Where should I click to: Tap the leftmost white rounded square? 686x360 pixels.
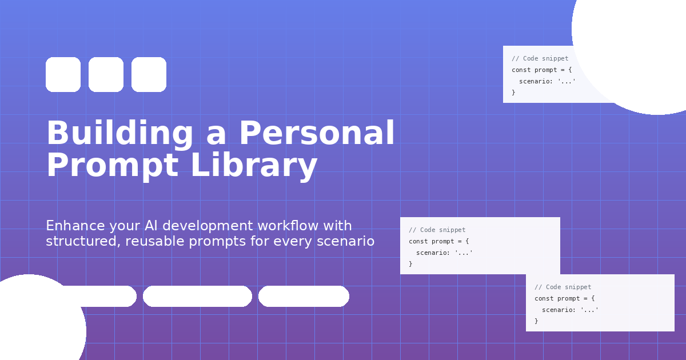[x=63, y=74]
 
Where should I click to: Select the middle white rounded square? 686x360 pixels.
[x=106, y=74]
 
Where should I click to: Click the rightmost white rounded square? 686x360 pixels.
[x=149, y=74]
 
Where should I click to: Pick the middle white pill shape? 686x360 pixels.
[x=197, y=296]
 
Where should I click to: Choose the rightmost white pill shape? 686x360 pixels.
[x=304, y=296]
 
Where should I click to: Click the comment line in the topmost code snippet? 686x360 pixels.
[x=540, y=58]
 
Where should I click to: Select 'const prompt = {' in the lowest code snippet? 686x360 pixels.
[x=564, y=298]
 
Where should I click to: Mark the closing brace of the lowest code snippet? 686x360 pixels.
[x=536, y=321]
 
